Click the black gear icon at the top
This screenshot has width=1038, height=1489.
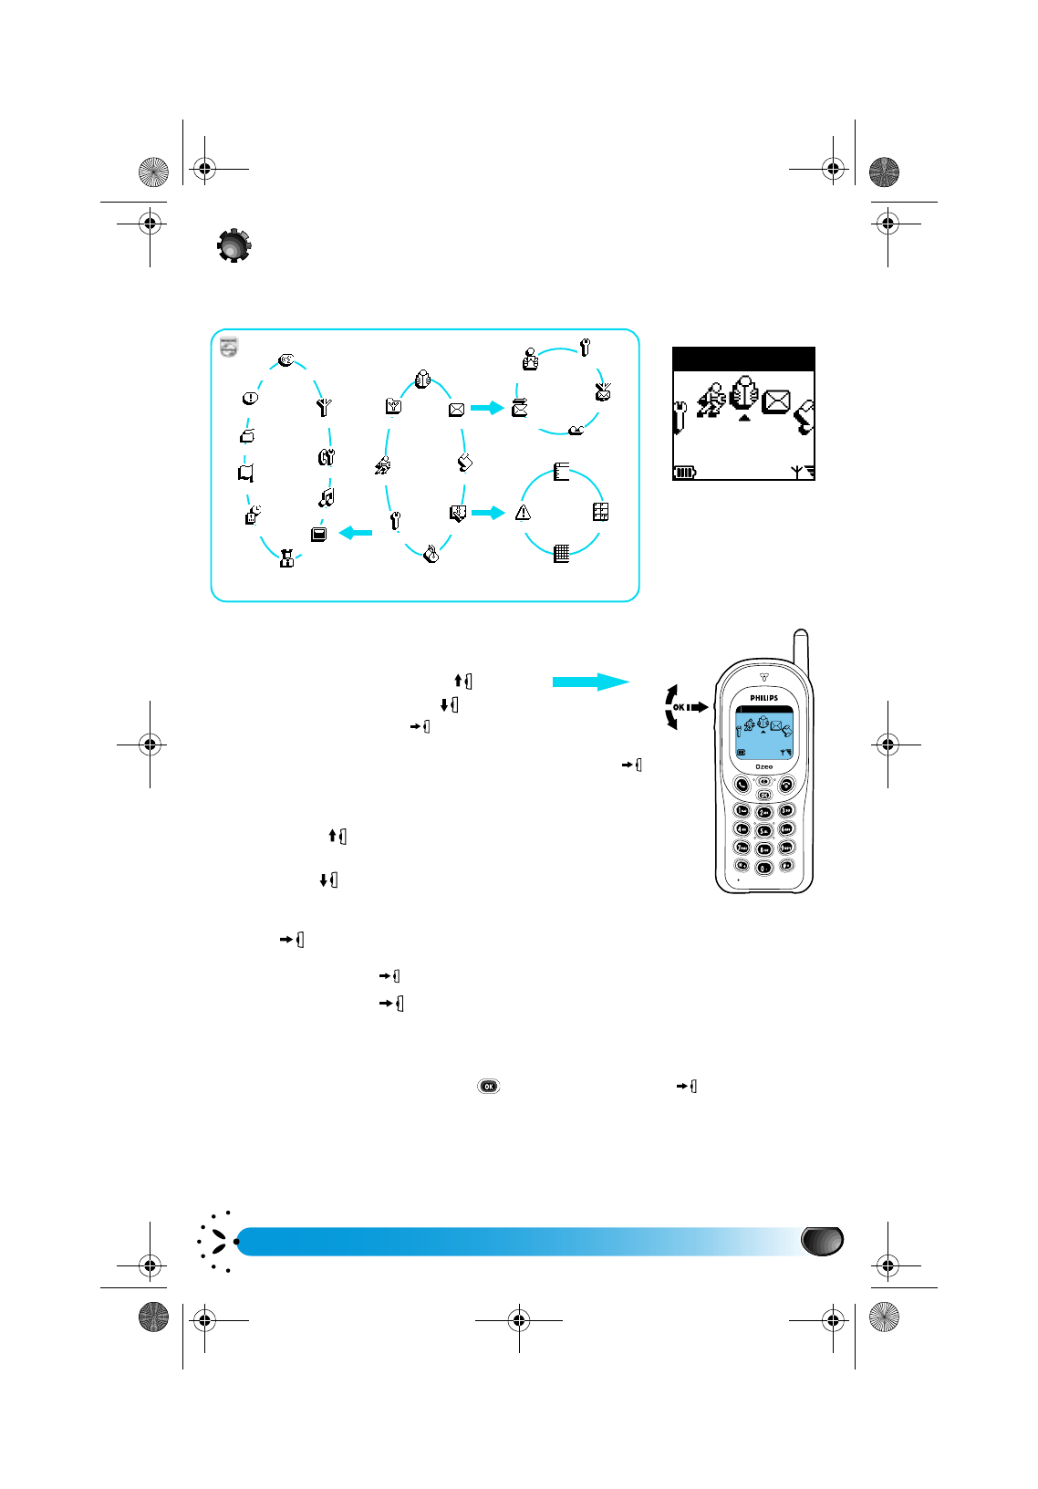234,245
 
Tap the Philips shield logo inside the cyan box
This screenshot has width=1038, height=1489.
229,346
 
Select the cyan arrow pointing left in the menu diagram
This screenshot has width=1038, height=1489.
356,532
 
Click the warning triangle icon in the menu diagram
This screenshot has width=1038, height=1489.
523,513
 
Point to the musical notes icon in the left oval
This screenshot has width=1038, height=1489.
327,497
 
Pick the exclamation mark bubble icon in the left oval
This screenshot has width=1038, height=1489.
250,398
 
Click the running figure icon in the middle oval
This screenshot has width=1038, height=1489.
384,465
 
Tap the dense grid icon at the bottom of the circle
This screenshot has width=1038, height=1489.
562,553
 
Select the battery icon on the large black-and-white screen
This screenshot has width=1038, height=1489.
684,472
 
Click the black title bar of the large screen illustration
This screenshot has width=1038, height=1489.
743,359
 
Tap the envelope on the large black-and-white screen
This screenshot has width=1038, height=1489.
775,401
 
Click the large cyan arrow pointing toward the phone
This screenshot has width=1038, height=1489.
591,682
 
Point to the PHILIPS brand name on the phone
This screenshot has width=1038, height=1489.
764,698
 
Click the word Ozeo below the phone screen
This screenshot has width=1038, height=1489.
764,766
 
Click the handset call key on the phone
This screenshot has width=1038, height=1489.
742,785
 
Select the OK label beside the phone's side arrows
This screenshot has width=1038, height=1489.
679,707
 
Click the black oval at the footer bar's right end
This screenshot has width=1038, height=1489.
822,1241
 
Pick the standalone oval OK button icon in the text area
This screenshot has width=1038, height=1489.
489,1086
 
